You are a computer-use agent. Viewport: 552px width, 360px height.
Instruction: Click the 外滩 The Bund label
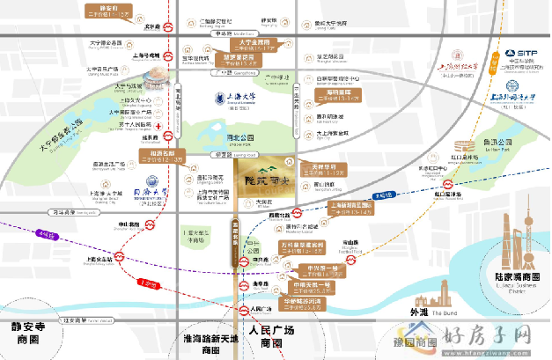point(418,311)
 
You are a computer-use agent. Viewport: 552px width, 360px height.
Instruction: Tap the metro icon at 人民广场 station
point(247,311)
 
